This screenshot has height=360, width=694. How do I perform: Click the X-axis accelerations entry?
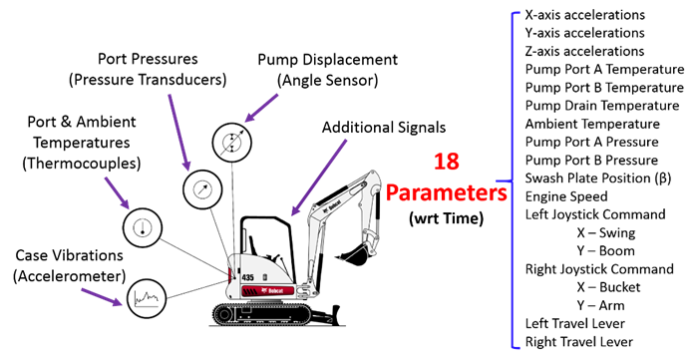pos(583,16)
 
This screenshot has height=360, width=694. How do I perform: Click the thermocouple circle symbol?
pos(141,227)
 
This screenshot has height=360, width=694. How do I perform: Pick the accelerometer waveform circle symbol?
pos(148,295)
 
